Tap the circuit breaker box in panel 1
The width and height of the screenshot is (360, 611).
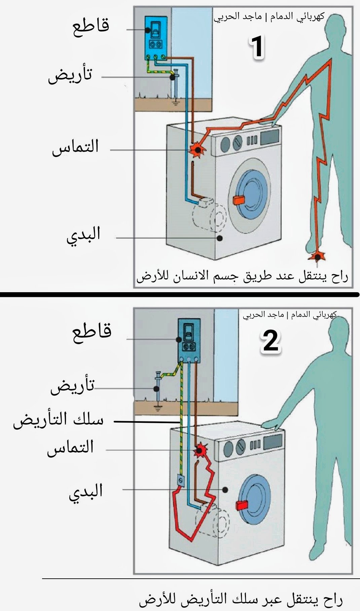(156, 38)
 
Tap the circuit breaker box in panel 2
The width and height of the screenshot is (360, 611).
(189, 340)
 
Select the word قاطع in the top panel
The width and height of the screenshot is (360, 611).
(91, 26)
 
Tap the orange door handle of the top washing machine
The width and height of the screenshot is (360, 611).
(238, 200)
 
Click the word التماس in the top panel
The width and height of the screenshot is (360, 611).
(75, 147)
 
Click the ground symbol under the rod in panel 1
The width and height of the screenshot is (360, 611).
(175, 101)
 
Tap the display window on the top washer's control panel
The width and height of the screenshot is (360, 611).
(269, 136)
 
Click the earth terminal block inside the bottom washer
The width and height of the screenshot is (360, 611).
(181, 480)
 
